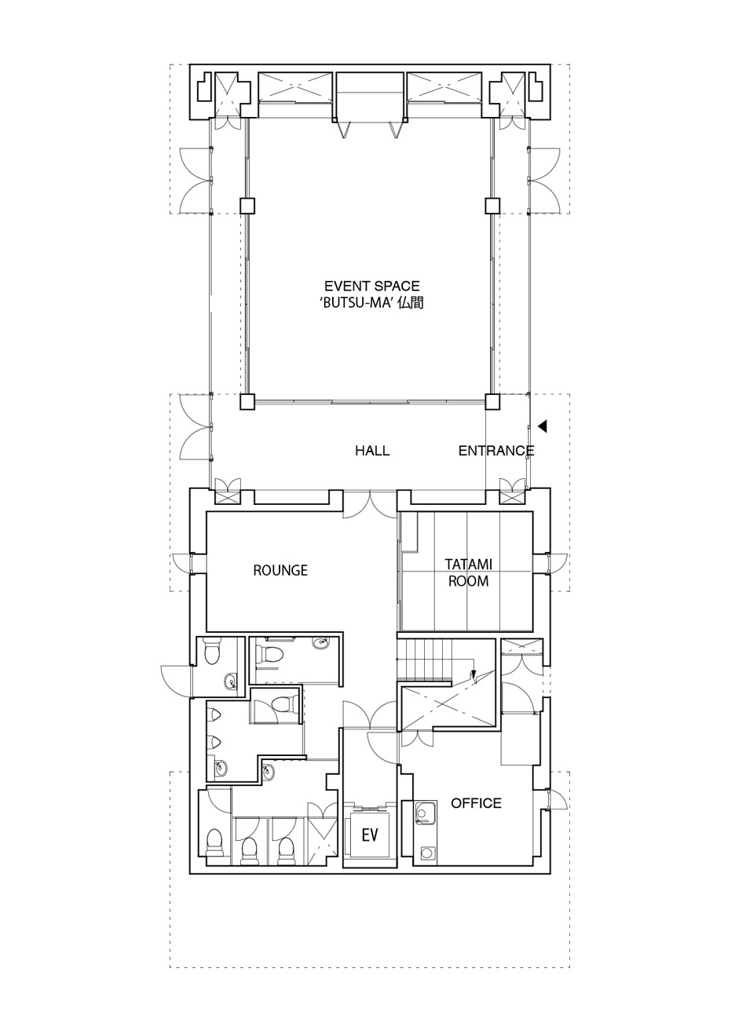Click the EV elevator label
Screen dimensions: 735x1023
click(369, 835)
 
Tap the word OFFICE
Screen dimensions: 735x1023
click(476, 802)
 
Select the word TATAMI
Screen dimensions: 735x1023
click(469, 564)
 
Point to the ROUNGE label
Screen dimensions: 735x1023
click(280, 571)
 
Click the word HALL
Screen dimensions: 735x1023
click(372, 451)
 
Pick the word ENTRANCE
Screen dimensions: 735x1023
click(496, 451)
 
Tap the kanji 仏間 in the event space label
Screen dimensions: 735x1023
click(410, 303)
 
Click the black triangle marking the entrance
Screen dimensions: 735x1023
click(543, 426)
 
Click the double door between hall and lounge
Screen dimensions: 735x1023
click(370, 505)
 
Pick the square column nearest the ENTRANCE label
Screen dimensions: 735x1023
click(492, 401)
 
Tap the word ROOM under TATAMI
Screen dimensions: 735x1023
click(469, 581)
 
